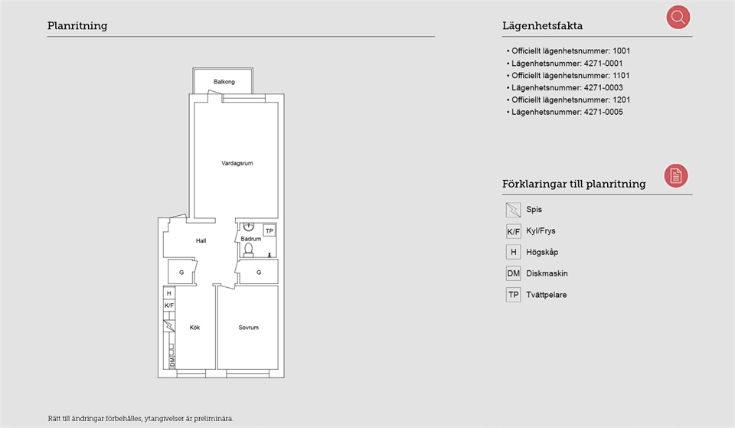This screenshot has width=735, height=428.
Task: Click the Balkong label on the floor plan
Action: [x=224, y=82]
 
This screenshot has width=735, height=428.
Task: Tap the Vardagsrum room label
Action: [x=237, y=163]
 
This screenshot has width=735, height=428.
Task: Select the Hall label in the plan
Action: [x=201, y=240]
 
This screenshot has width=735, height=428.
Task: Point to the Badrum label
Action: [x=251, y=239]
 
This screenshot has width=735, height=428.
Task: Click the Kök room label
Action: [x=194, y=327]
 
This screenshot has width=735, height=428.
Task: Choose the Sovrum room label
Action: [x=248, y=327]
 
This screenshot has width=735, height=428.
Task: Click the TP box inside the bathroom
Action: [x=269, y=230]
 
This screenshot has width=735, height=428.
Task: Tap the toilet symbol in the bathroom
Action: [x=248, y=250]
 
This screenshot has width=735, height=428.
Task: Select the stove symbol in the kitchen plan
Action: [x=169, y=325]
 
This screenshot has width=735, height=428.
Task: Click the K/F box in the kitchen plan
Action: [x=169, y=305]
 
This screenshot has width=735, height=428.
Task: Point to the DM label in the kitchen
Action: [x=172, y=361]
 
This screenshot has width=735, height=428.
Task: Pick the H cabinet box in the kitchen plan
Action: [x=169, y=293]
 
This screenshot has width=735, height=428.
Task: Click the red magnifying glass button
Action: [x=678, y=18]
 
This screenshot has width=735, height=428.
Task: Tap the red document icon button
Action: [x=675, y=176]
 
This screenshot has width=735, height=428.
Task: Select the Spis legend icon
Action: [x=513, y=210]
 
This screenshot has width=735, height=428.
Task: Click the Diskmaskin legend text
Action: [x=547, y=273]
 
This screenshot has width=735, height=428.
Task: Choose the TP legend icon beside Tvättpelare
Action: [x=513, y=295]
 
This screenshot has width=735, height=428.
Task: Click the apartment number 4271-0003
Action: [x=603, y=87]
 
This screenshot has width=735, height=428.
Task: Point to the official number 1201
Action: [x=622, y=100]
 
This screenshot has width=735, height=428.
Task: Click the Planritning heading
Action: [x=77, y=26]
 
